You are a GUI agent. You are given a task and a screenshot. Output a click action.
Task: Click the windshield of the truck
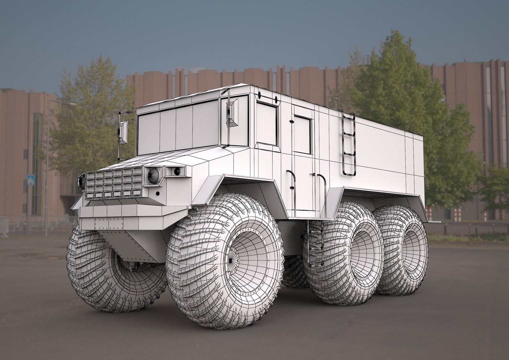tap(178, 128)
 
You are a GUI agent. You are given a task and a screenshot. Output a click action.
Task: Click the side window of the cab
tap(267, 123)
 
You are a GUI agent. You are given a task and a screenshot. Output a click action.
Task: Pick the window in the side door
tap(302, 135)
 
